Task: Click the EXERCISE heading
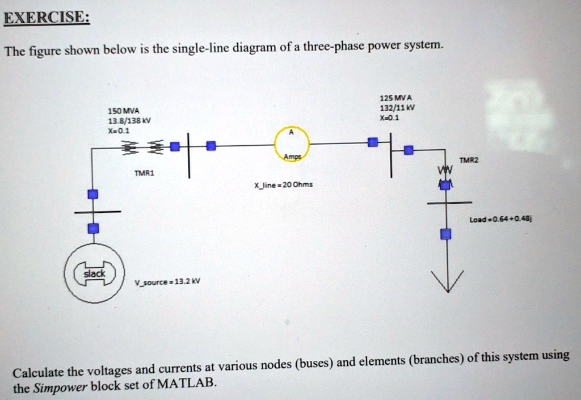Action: tap(46, 18)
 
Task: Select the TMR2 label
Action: tap(469, 161)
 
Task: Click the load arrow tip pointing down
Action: tap(447, 289)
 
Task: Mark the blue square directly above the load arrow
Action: tap(447, 234)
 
